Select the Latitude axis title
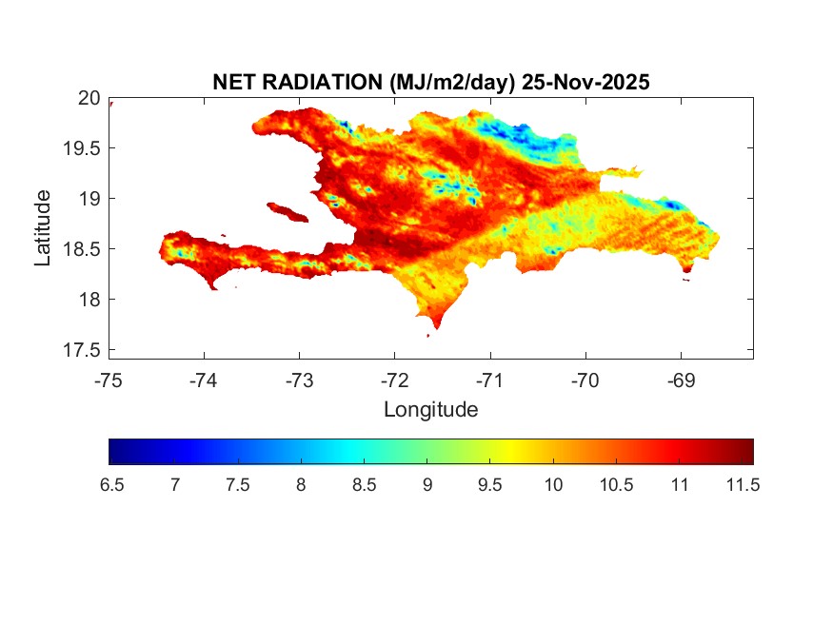point(44,227)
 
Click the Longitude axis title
point(430,410)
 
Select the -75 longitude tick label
point(109,380)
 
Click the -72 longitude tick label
point(395,380)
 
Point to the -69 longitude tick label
point(681,380)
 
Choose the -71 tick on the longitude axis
point(490,380)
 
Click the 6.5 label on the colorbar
point(111,485)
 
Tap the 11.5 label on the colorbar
point(742,485)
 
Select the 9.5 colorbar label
point(489,485)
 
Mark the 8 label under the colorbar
point(301,485)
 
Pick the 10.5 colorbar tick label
point(615,485)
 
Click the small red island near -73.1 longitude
point(287,211)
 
